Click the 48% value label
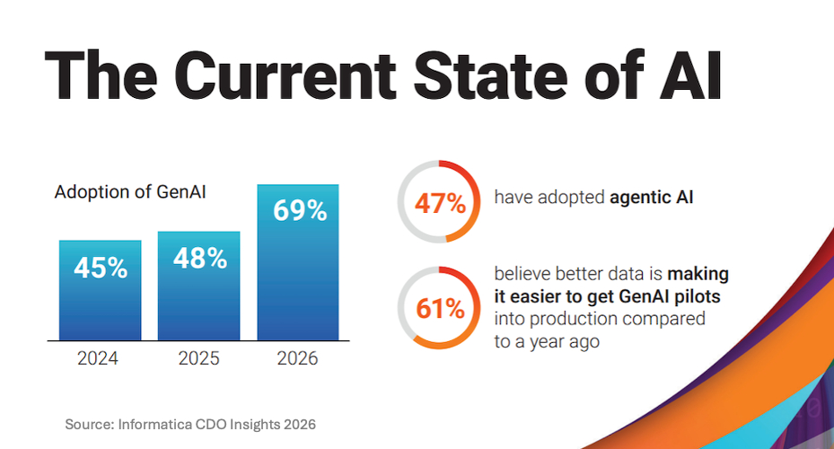coord(198,259)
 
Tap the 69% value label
coord(298,211)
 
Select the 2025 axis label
coord(198,359)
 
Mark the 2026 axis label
coord(298,359)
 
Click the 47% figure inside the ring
coord(440,203)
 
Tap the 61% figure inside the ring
coord(440,309)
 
